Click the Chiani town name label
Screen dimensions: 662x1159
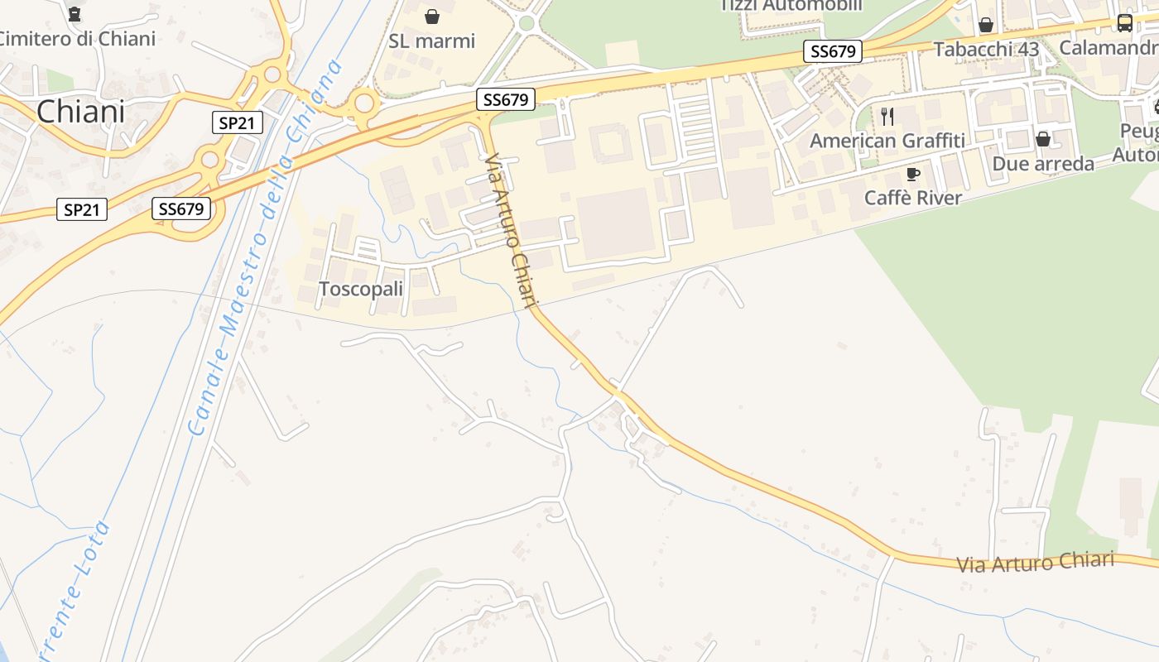(80, 111)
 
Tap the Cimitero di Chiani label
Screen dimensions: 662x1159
(76, 39)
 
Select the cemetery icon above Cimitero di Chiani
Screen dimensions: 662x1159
(75, 14)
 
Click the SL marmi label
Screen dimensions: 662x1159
(432, 41)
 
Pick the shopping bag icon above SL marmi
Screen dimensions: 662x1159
(432, 17)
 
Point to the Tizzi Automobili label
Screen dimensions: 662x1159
(791, 6)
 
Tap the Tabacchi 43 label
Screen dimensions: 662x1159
(986, 49)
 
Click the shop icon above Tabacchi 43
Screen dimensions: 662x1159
(986, 25)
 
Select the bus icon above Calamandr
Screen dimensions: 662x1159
(1124, 23)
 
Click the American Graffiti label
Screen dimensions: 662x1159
(887, 141)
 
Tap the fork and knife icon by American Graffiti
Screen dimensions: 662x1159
(887, 116)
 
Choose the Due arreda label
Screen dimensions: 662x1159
(1043, 164)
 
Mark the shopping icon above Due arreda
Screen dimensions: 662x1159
(1043, 139)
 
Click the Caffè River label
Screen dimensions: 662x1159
(913, 198)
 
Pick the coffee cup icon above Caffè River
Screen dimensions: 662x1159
(913, 174)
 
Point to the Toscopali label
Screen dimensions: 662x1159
(361, 290)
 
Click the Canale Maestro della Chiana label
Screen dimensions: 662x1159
(265, 248)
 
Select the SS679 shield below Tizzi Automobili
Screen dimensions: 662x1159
(833, 51)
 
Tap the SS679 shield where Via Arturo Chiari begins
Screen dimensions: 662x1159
(506, 100)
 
